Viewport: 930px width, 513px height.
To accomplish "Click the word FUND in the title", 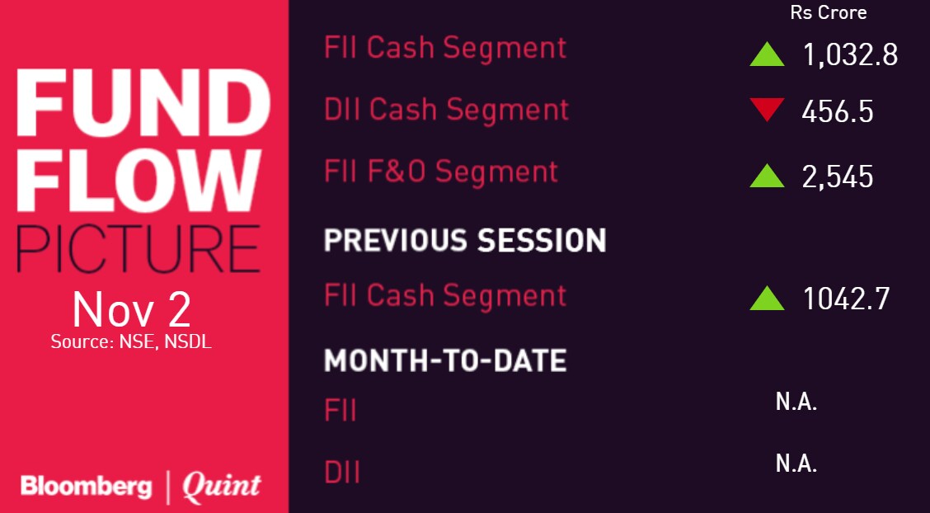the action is pos(143,102).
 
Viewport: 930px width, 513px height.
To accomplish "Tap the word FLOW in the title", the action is pos(139,181).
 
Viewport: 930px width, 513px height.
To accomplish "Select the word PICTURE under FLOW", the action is pos(139,248).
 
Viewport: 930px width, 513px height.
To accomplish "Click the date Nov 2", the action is pos(131,309).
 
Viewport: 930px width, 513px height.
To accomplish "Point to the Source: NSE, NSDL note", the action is pos(131,341).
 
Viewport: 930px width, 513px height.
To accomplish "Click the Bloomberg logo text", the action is pos(87,487).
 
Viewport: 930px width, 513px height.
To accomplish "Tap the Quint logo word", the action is pos(221,486).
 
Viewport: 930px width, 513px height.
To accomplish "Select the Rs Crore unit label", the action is pos(829,12).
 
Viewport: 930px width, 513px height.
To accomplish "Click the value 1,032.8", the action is pos(850,55).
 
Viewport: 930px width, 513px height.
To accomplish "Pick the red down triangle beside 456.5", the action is pos(767,110).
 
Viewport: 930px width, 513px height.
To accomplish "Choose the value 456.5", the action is pos(837,111).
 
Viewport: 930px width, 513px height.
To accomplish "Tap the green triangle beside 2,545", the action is pos(767,176).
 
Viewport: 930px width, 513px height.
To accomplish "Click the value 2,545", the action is pos(838,176).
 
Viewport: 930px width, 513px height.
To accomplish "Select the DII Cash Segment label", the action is pos(447,110).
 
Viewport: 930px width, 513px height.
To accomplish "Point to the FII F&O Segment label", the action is pos(441,172).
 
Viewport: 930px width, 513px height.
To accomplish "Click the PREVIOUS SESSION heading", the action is pos(465,241).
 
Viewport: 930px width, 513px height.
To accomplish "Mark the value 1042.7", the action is pos(847,299).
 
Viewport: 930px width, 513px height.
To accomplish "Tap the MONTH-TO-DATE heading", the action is pos(445,360).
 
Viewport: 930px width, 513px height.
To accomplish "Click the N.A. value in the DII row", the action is pos(796,464).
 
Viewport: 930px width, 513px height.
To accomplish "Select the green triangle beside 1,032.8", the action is pos(767,54).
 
